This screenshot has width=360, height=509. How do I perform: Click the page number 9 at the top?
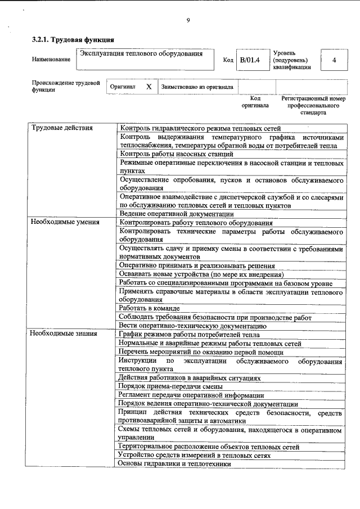coord(188,21)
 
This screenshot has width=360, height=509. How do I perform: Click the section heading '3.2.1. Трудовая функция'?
coord(73,40)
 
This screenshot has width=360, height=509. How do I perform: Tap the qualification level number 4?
coord(334,60)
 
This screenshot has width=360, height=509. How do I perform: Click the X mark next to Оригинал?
coord(148,87)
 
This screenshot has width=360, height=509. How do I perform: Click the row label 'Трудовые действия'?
coord(54,128)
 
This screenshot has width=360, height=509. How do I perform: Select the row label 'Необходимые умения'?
coord(57,222)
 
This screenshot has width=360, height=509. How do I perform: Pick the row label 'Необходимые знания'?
coord(56,334)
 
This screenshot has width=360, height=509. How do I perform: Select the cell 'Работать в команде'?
coord(150,308)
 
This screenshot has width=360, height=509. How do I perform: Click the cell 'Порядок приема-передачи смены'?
coord(170,386)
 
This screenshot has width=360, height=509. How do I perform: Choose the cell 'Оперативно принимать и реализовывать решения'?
coord(197,265)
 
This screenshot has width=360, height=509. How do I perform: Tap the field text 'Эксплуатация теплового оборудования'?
coord(141,55)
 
